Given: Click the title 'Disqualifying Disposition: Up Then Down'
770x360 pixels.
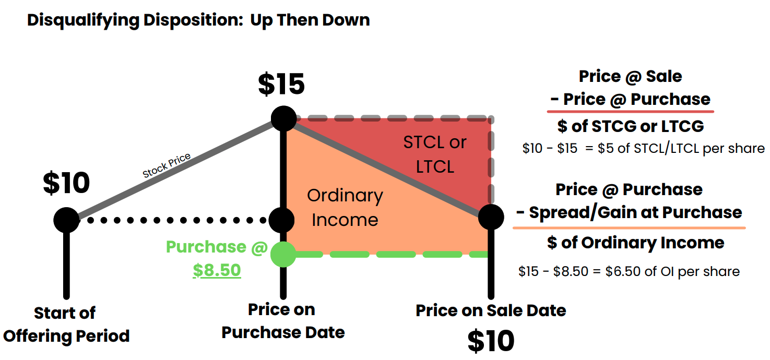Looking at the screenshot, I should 198,20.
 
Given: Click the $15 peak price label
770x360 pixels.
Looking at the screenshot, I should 281,85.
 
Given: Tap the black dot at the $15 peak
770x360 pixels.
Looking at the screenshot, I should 283,118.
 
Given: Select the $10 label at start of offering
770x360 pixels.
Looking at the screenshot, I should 66,183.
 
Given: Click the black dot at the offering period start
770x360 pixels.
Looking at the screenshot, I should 66,220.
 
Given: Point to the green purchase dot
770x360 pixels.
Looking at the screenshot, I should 283,255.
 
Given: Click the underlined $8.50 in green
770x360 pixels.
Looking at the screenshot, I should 217,270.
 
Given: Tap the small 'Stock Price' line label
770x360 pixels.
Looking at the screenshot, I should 167,165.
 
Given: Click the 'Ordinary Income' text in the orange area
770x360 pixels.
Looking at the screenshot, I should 345,208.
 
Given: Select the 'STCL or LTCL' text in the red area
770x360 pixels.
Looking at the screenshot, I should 435,154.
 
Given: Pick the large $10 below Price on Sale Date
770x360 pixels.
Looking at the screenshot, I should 491,341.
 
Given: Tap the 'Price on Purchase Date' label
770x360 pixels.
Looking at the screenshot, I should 282,321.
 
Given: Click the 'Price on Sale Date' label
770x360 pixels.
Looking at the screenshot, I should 491,311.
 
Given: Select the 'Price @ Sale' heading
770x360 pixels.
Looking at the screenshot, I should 630,76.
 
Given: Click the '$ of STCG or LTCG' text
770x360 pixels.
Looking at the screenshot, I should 630,126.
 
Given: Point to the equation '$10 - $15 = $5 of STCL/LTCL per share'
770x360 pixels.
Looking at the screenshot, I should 643,148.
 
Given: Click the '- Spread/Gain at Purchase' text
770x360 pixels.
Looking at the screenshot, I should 629,212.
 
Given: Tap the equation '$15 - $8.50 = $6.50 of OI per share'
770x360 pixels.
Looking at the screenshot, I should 629,271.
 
